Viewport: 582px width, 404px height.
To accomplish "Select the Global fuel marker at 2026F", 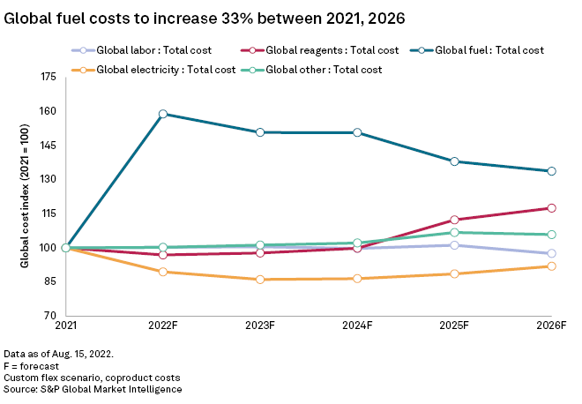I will pos(551,171).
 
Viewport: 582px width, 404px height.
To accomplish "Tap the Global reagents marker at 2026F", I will pos(551,208).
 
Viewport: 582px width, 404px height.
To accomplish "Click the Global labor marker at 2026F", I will pos(551,253).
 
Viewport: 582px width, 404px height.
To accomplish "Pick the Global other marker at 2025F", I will pos(454,233).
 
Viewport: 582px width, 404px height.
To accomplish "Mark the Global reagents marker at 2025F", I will pos(454,220).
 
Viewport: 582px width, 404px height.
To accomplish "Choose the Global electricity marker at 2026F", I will pos(551,266).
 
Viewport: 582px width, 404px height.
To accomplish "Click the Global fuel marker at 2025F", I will pos(454,161).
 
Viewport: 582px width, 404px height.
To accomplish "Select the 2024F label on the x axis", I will pos(357,326).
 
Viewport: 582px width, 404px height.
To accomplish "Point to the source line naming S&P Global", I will pos(93,389).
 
